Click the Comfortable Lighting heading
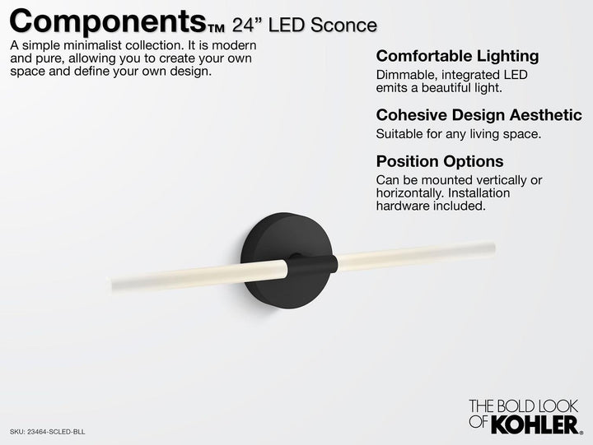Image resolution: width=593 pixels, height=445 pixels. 457,57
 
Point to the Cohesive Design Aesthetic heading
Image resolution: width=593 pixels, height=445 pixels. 479,114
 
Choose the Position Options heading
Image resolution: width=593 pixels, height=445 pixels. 439,161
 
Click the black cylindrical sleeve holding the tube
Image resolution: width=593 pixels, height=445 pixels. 311,266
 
